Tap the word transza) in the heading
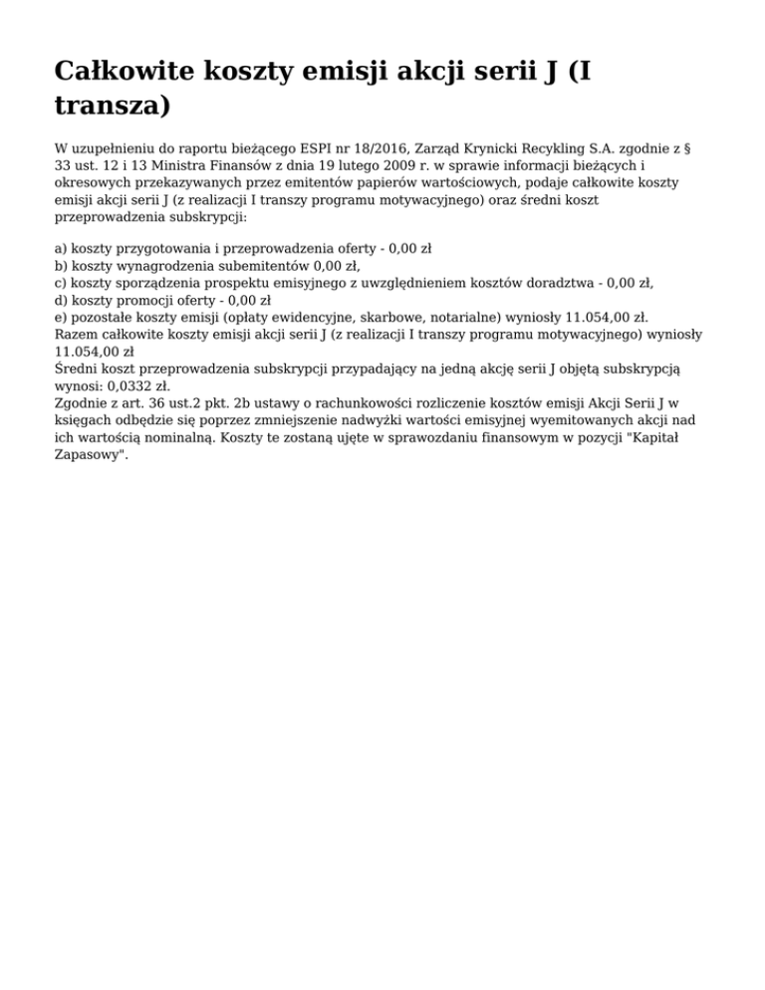click(113, 105)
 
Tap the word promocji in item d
click(154, 300)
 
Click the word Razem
click(77, 334)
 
